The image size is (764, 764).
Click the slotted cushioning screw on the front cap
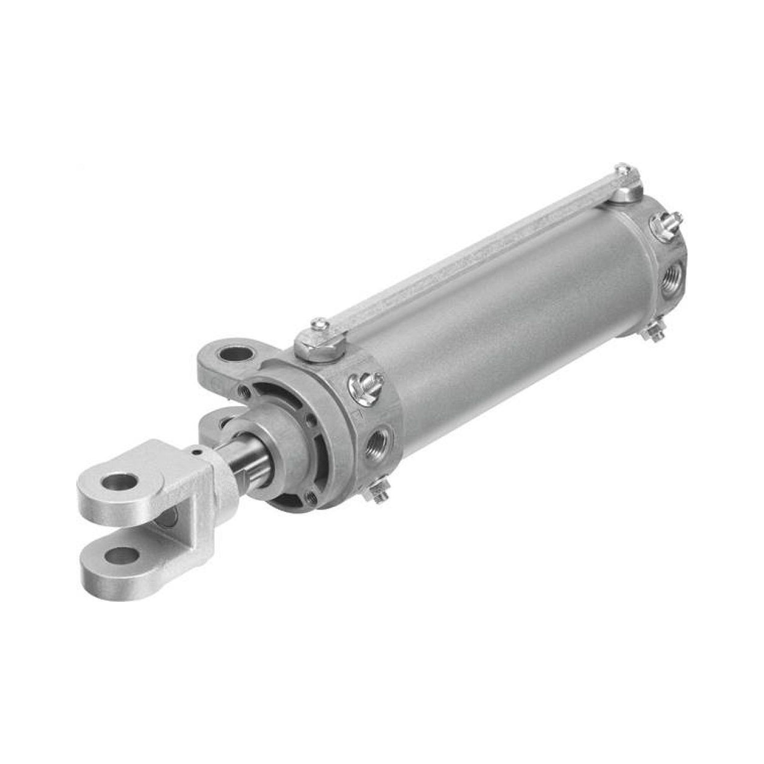[365, 385]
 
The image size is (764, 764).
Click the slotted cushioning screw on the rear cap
[667, 228]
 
